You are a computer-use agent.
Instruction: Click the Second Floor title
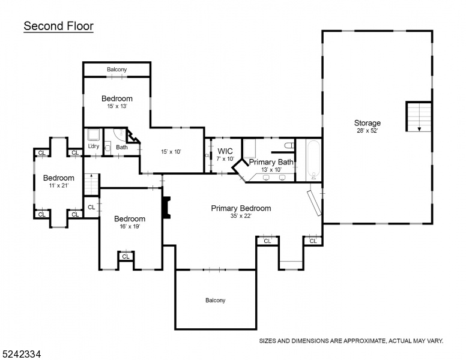click(x=58, y=26)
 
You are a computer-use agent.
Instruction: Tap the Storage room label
click(x=368, y=122)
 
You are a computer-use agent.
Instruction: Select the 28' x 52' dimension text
click(x=368, y=131)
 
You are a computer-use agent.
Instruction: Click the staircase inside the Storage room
click(x=419, y=116)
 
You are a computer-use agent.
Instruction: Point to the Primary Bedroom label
click(x=241, y=208)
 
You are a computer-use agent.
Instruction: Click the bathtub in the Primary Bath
click(x=313, y=160)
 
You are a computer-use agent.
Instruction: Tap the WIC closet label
click(x=225, y=151)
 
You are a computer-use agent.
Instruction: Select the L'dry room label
click(x=94, y=146)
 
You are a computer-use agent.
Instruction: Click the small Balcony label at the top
click(x=116, y=70)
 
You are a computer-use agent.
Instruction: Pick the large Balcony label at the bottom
click(x=216, y=300)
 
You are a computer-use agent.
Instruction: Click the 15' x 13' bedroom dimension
click(x=117, y=106)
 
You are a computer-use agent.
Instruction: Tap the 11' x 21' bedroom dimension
click(x=59, y=185)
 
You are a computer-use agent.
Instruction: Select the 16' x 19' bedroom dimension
click(x=130, y=226)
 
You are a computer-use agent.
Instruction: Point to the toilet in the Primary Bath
click(x=289, y=146)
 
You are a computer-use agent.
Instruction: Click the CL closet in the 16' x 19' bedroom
click(x=126, y=256)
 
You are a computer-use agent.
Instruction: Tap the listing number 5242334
click(x=21, y=354)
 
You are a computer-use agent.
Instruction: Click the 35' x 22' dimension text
click(x=241, y=216)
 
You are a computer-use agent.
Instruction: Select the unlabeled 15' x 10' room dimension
click(x=171, y=151)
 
